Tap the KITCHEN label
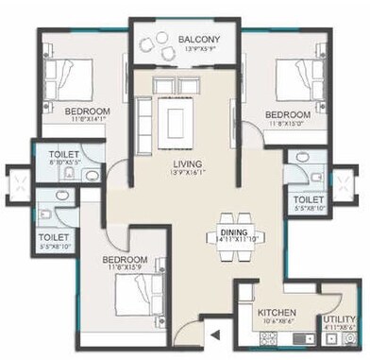[277, 313]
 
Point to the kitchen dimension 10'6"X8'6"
[277, 323]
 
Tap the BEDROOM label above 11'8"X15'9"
[125, 259]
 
